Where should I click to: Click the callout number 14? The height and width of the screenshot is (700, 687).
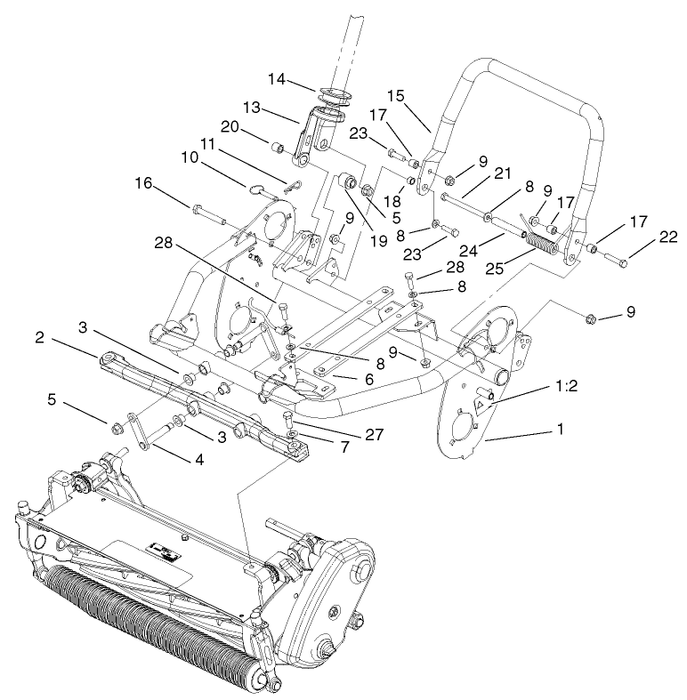tap(278, 79)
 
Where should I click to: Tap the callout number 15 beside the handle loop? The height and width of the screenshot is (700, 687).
tap(395, 93)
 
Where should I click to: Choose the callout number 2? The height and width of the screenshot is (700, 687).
tap(40, 337)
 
